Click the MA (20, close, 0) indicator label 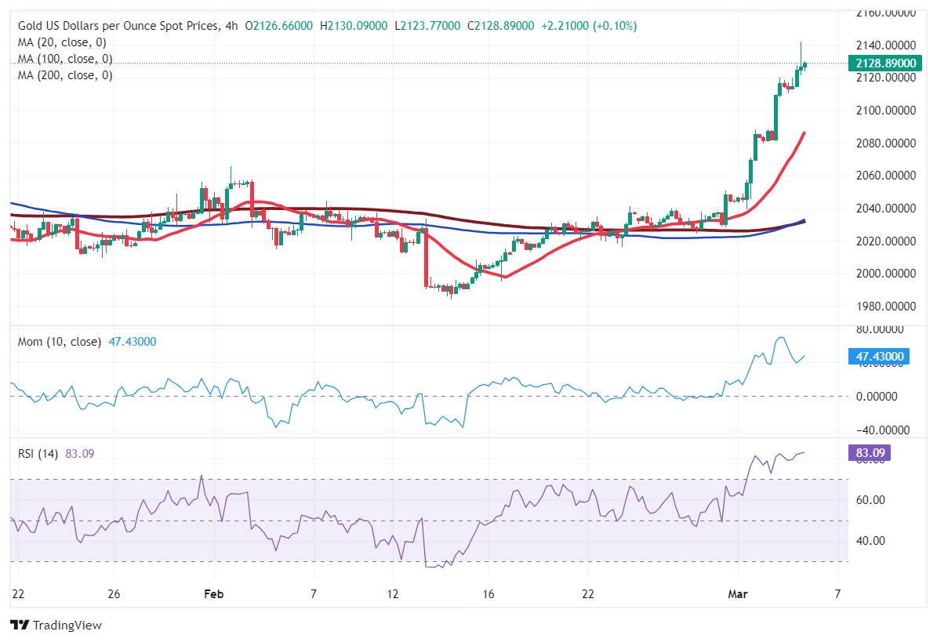(x=62, y=42)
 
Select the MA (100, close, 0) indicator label (x=65, y=59)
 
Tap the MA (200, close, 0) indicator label (x=65, y=75)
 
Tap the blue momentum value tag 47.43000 (x=880, y=357)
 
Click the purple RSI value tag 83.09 (x=869, y=452)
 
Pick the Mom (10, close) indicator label (x=60, y=342)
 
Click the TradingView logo (x=56, y=626)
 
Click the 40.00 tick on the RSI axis (x=870, y=541)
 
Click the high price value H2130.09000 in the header (x=354, y=26)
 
